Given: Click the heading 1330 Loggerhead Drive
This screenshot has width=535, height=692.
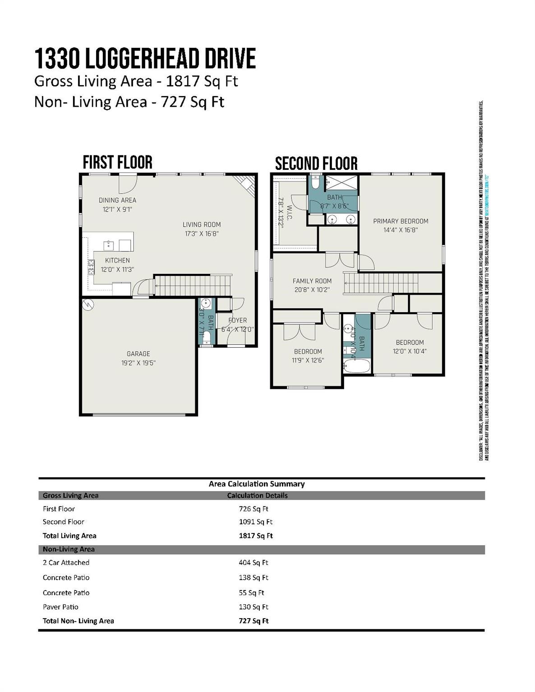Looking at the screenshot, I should (145, 59).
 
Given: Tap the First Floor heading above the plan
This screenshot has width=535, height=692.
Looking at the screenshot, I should (117, 162).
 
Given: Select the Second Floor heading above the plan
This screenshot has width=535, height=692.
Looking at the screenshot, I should (316, 164).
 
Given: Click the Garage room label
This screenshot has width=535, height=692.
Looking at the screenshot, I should (138, 354).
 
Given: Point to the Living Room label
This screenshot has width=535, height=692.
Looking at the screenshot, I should (202, 225).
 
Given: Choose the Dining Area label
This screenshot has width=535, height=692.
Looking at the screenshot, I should (117, 200).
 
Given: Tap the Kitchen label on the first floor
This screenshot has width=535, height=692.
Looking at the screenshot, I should (117, 260).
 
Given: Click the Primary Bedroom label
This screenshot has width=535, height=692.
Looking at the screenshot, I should (401, 221).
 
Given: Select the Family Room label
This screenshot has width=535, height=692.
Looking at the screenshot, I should (312, 281).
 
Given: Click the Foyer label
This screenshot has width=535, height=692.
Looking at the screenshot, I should (237, 320).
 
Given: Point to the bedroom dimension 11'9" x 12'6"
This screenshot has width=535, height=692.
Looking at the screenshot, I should (308, 360).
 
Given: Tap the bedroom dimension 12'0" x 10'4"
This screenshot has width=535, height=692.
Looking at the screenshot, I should (410, 351).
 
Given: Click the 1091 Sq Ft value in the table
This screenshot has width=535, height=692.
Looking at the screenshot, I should (255, 522).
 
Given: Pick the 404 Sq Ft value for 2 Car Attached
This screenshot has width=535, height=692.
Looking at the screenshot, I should (253, 562).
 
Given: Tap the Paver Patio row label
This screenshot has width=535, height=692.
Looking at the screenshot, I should (60, 607).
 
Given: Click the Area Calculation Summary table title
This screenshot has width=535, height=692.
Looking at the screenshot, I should (257, 484).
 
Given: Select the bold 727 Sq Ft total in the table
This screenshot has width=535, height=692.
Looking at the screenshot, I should (254, 621).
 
